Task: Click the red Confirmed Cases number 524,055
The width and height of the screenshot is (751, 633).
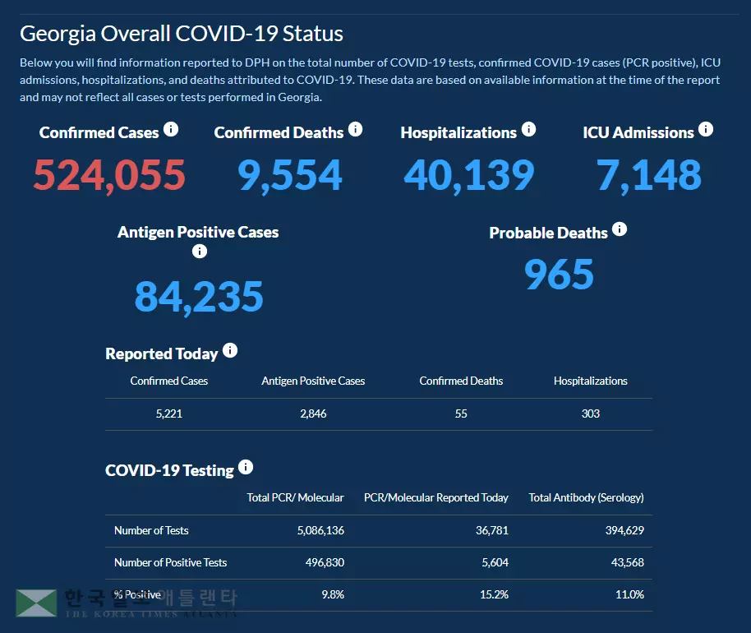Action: click(109, 175)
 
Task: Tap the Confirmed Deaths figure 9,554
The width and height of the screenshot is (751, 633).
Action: click(290, 175)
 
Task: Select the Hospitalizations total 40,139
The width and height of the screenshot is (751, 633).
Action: click(469, 175)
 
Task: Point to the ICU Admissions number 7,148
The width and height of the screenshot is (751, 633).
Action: click(649, 175)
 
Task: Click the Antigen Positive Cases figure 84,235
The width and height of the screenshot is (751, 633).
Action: click(199, 297)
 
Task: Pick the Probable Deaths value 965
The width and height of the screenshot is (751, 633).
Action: click(559, 275)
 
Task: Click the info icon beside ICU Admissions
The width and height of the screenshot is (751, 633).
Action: click(705, 130)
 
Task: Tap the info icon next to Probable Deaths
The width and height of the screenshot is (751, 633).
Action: click(620, 229)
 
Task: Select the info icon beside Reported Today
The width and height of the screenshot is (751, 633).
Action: click(230, 351)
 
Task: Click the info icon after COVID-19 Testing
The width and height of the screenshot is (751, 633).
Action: click(246, 468)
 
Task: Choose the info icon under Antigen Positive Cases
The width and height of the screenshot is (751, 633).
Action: click(199, 252)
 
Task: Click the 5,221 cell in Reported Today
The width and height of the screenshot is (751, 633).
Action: click(168, 414)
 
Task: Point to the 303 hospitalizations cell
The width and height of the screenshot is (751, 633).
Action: click(590, 414)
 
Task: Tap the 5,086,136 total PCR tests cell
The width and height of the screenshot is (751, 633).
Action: click(320, 530)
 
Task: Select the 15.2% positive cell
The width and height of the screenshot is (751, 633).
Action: click(494, 594)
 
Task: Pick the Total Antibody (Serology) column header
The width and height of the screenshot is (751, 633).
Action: click(586, 497)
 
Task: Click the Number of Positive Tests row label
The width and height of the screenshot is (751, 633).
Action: click(170, 562)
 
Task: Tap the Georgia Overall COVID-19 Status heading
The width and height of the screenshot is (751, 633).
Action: click(182, 34)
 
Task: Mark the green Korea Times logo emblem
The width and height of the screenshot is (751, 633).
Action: click(36, 603)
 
